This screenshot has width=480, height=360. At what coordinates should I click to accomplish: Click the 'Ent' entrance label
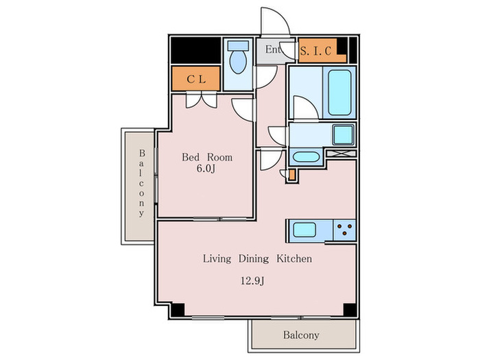[x=272, y=50]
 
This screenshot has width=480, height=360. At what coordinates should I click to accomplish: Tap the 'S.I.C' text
[x=316, y=50]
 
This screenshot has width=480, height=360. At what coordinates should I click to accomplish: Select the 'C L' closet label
[x=195, y=79]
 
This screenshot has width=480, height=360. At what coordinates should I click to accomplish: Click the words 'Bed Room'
[x=206, y=157]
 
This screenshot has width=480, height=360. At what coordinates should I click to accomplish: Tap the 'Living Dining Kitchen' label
[x=257, y=259]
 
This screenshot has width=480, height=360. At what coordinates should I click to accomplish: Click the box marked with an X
[x=339, y=154]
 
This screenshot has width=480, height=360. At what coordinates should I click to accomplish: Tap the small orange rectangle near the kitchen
[x=291, y=174]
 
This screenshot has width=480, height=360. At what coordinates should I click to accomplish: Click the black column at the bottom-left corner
[x=177, y=310]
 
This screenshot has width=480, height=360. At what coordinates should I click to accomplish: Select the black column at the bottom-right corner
[x=349, y=310]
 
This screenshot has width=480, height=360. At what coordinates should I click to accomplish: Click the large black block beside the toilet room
[x=195, y=49]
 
